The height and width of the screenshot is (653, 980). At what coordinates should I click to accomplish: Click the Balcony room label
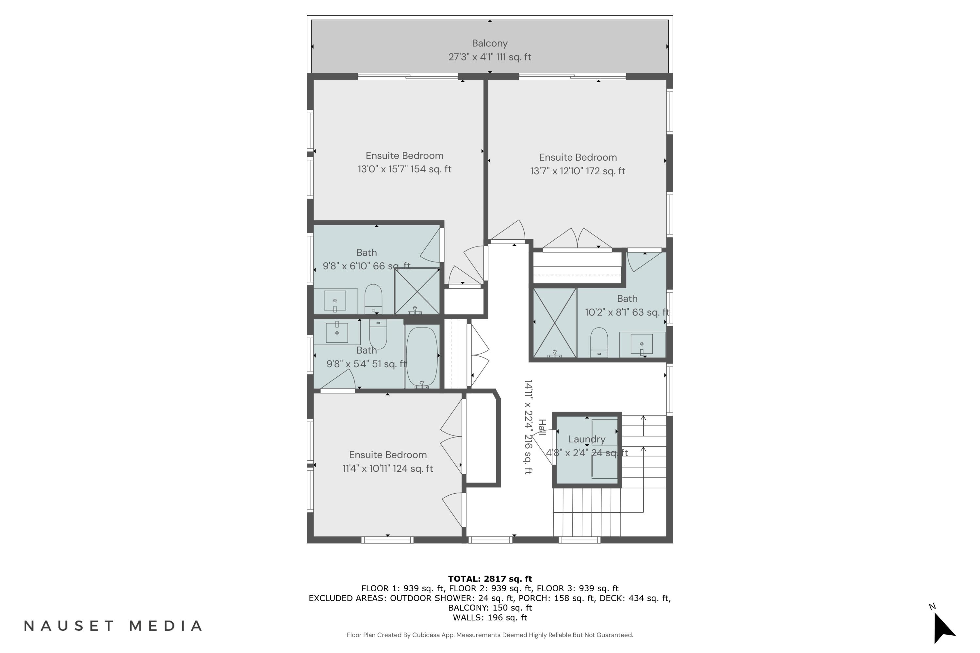click(490, 43)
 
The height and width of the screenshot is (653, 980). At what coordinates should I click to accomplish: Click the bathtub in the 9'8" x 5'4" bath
click(422, 357)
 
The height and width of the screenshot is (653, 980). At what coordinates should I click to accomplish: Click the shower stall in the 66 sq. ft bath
click(417, 291)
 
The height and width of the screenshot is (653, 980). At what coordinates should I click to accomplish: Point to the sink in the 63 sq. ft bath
click(642, 344)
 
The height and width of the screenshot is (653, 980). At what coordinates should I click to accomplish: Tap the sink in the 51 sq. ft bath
click(337, 332)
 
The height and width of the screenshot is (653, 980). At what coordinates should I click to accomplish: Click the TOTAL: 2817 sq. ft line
click(490, 579)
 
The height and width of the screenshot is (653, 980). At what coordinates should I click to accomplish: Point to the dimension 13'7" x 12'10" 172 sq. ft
click(578, 171)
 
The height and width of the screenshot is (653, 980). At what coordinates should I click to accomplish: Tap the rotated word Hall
click(542, 427)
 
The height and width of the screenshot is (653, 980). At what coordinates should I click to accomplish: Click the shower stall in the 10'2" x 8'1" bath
click(555, 323)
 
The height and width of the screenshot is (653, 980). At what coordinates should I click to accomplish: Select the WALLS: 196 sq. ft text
click(490, 618)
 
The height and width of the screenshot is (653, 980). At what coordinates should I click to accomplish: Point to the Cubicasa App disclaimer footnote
click(490, 635)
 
